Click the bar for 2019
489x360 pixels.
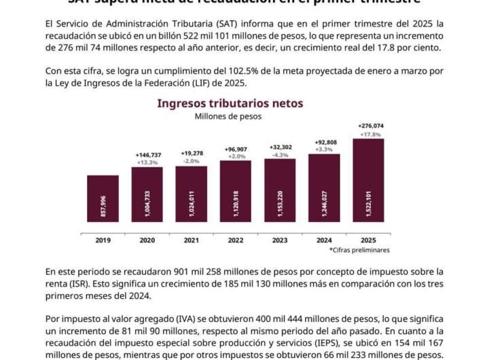[103, 202]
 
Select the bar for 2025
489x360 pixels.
[367, 183]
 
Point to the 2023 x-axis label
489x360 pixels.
[279, 239]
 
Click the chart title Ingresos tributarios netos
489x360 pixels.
[230, 103]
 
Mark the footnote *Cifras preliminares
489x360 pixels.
[360, 251]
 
